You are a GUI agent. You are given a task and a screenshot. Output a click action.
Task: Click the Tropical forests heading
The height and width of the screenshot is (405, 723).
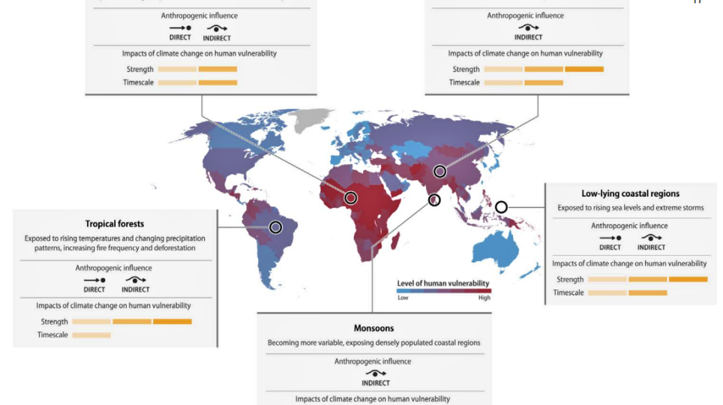tap(114, 223)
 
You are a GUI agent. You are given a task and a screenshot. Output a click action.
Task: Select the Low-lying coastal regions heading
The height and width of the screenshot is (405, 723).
tap(630, 193)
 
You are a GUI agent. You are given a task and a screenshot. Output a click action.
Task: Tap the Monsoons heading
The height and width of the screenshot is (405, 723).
tap(373, 328)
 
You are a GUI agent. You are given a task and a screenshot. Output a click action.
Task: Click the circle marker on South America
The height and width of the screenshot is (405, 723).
tap(276, 226)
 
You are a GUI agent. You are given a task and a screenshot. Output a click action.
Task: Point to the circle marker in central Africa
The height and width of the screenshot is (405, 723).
tap(350, 197)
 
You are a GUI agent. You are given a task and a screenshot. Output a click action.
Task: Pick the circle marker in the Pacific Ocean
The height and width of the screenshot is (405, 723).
tap(501, 206)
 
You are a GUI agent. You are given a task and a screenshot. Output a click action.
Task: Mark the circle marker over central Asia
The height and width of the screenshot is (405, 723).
tap(440, 171)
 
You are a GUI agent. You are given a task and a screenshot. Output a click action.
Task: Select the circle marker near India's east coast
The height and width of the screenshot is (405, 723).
tap(434, 199)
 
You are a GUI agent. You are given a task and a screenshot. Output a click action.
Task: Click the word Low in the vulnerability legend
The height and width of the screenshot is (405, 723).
tap(402, 298)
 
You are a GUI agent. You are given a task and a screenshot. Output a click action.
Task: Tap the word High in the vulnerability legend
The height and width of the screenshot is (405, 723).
tap(484, 298)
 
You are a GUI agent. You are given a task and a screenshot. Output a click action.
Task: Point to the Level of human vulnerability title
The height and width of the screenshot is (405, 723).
tap(442, 283)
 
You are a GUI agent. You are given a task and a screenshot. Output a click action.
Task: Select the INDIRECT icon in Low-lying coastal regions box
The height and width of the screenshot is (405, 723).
tap(652, 238)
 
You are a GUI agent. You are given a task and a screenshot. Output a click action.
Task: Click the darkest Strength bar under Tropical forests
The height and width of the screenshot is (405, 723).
tap(172, 322)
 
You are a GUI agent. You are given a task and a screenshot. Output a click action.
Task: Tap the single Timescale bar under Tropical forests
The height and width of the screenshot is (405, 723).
tap(91, 334)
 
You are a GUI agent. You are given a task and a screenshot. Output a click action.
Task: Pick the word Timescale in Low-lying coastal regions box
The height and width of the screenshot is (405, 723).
tap(568, 292)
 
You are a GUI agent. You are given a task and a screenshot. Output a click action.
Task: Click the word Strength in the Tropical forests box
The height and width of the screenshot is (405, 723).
tap(55, 322)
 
